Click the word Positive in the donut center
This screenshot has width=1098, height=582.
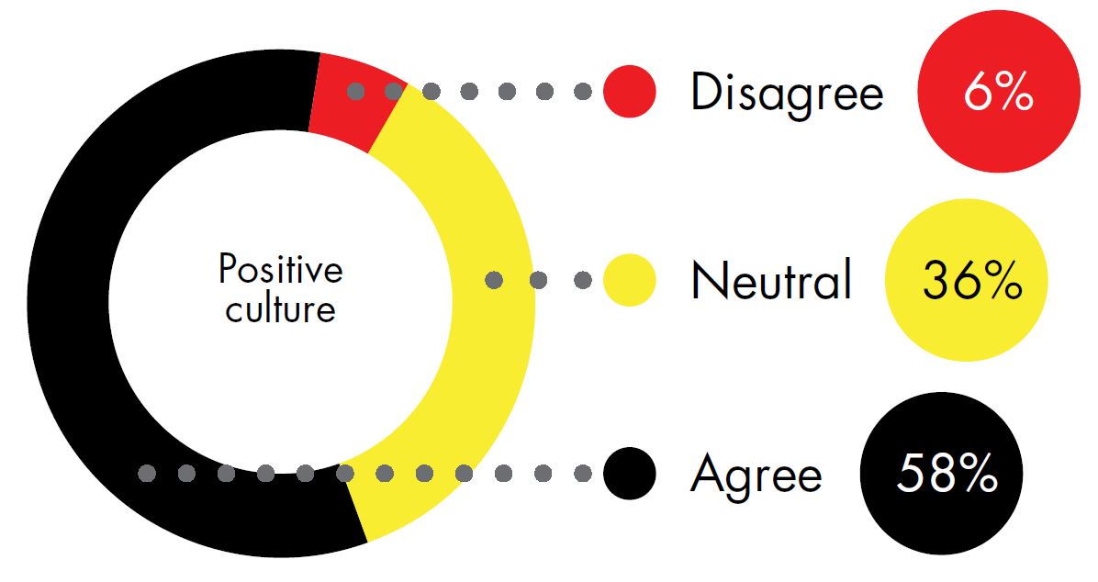coord(280,270)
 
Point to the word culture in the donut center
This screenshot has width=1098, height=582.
coord(280,308)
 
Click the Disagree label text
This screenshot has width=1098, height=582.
coord(787,94)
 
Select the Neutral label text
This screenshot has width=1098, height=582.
coord(771,279)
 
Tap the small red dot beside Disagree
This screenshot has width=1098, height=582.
coord(630,91)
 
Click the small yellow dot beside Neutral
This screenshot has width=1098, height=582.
coord(630,280)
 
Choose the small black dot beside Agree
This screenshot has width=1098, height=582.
coord(630,474)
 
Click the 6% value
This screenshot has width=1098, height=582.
coord(999,92)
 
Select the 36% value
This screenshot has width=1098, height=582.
coord(972,280)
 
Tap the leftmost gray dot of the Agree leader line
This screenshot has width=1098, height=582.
coord(146,474)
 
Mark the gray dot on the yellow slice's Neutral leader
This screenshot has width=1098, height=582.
coord(494,280)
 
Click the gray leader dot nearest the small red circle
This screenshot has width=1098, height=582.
coord(583,91)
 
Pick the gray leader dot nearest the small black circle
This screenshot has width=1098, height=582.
coord(583,474)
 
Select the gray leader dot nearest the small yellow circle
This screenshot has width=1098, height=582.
coord(583,280)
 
